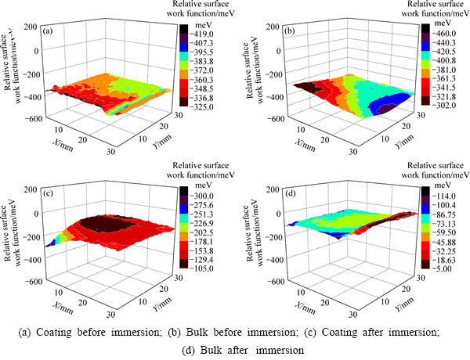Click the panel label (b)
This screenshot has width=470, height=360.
click(287, 32)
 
